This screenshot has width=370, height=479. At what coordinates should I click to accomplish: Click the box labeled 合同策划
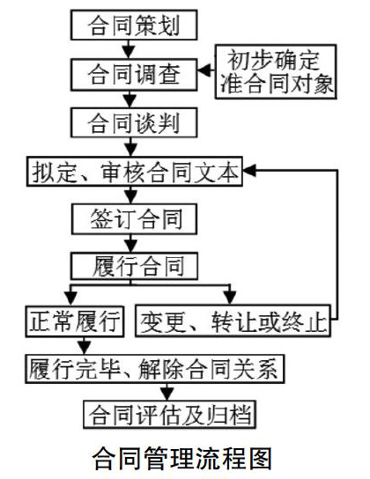point(134,25)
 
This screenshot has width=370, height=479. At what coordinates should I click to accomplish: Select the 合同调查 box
point(134,75)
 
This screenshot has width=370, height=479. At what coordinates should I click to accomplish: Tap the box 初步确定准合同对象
point(276,72)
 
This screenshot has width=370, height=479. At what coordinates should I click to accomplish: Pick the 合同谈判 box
point(134,122)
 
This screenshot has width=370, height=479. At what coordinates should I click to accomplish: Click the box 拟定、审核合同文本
point(135,172)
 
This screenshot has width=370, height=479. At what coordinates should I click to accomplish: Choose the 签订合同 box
point(134,219)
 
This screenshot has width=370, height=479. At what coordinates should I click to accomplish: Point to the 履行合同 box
point(134,266)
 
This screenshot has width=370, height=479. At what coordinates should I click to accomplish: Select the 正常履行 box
point(75,321)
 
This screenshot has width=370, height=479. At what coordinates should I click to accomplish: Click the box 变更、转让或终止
point(233,321)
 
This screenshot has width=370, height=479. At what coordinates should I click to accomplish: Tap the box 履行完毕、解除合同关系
point(154,369)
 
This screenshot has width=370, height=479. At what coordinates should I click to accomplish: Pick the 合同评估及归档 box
point(169,415)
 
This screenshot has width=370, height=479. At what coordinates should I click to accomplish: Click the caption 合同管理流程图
point(182,458)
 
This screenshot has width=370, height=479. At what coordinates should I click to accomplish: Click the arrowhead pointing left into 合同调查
point(204,70)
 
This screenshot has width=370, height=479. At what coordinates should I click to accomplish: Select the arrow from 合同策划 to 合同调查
point(129,49)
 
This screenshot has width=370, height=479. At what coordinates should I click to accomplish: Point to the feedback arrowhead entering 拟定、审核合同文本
point(249,170)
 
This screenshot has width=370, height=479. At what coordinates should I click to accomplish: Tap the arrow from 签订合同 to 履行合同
point(131,244)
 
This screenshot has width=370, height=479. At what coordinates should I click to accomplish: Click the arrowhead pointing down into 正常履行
point(70,298)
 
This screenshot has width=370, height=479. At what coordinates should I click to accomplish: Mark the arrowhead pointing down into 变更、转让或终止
point(230,298)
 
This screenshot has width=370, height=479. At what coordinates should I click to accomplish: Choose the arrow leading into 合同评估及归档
point(167,392)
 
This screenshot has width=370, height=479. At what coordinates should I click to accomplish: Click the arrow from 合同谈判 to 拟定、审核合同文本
point(131,147)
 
